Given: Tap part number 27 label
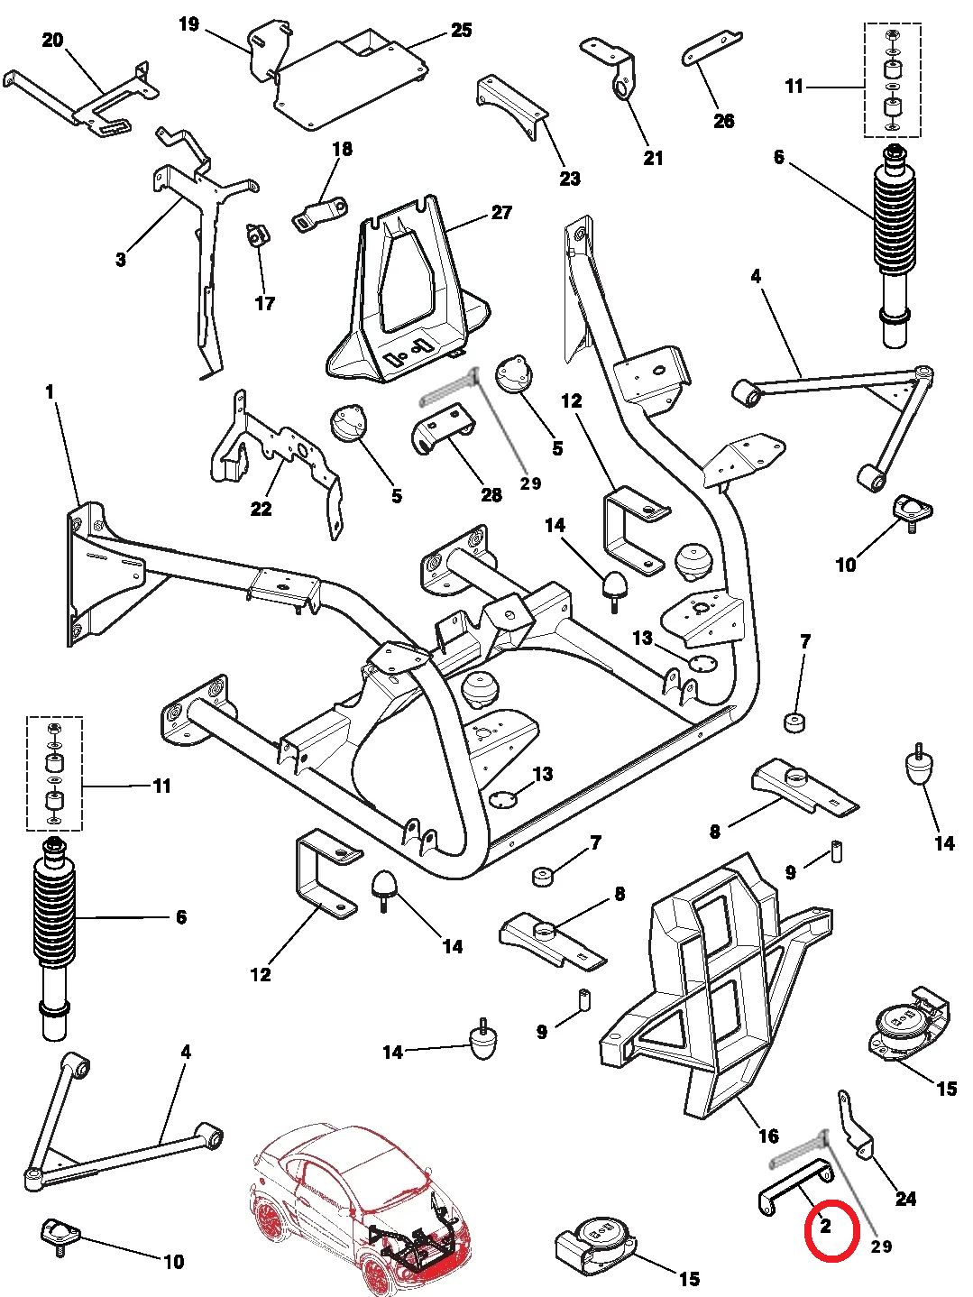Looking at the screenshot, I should click(501, 213).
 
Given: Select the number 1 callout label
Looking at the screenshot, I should click(50, 392).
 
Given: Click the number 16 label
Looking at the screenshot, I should click(768, 1136).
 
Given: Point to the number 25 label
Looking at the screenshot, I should click(461, 31).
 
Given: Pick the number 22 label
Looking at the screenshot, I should click(261, 509).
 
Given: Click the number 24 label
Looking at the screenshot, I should click(905, 1198).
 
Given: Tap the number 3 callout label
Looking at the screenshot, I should click(121, 260).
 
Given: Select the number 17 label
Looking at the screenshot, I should click(264, 303).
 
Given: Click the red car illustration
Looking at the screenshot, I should click(361, 1209).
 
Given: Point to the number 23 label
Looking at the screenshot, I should click(570, 179).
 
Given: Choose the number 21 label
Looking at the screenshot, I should click(653, 158).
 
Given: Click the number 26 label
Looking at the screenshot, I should click(723, 121).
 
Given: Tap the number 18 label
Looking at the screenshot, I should click(343, 149).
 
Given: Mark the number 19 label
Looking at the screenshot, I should click(188, 24).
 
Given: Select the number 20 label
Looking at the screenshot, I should click(53, 40).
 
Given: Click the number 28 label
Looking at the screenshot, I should click(491, 494).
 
